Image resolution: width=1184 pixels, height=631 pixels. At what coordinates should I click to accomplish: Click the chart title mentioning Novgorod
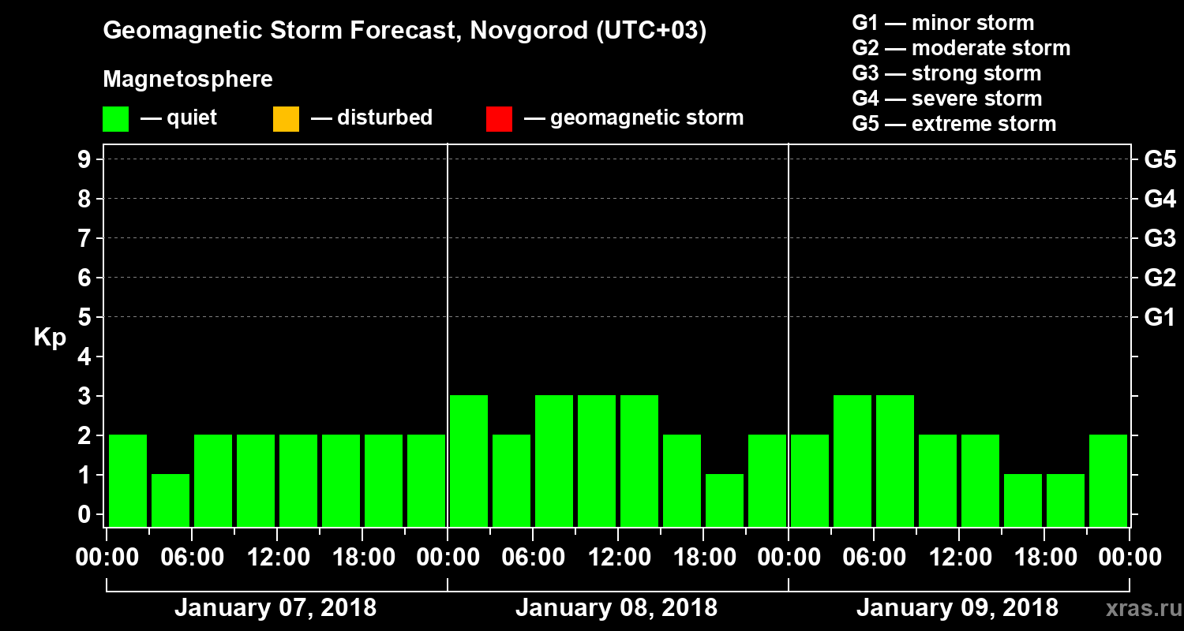(x=404, y=32)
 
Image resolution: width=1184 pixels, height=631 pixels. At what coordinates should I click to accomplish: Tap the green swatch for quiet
(x=115, y=119)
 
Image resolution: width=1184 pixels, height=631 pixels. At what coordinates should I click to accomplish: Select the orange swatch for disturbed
(x=286, y=119)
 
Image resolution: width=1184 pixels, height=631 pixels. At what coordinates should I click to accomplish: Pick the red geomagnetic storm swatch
(x=499, y=119)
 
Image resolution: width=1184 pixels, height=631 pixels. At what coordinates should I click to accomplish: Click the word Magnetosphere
(x=188, y=80)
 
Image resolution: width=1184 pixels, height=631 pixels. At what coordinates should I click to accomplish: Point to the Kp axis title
(x=50, y=338)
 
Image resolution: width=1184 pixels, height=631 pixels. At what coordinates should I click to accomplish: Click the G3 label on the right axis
(x=1160, y=238)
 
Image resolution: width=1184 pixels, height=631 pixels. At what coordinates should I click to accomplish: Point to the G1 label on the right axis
(x=1160, y=317)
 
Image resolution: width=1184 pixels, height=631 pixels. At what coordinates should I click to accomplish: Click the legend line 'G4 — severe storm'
(x=946, y=99)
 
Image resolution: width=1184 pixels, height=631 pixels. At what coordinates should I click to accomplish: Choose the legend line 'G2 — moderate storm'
(x=961, y=48)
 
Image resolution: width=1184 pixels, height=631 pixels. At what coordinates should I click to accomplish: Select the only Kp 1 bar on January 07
(x=170, y=500)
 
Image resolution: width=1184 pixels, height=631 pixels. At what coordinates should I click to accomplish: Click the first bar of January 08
(x=469, y=461)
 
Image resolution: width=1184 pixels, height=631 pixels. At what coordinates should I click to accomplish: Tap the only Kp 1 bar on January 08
(x=725, y=500)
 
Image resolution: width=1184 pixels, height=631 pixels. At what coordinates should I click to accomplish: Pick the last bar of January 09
(x=1108, y=480)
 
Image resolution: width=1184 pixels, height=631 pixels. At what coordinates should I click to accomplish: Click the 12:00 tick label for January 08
(x=619, y=558)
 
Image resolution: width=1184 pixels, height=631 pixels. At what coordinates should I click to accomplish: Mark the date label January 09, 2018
(x=957, y=608)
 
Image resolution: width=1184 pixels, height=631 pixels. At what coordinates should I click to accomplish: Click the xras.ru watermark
(x=1141, y=608)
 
